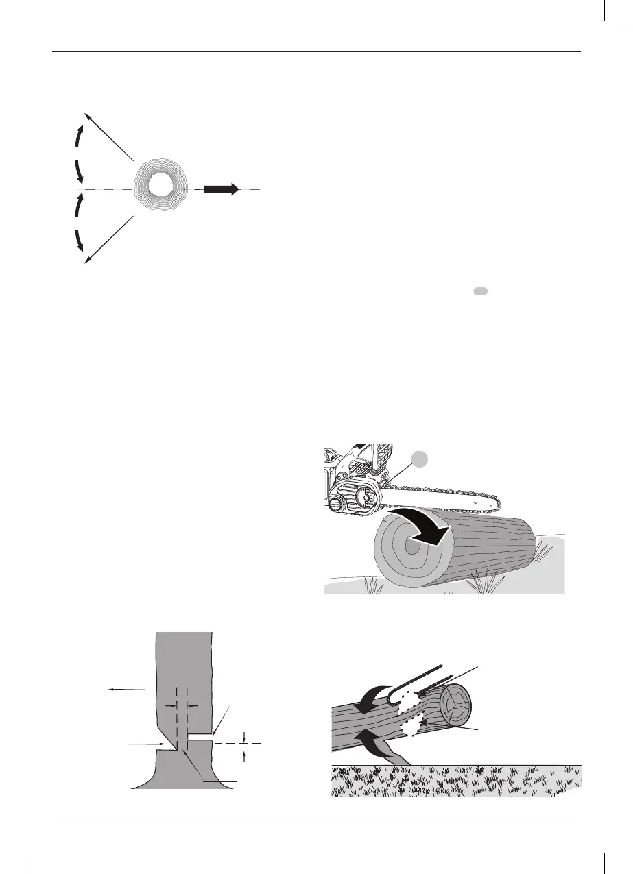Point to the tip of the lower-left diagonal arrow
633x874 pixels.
click(x=84, y=262)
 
